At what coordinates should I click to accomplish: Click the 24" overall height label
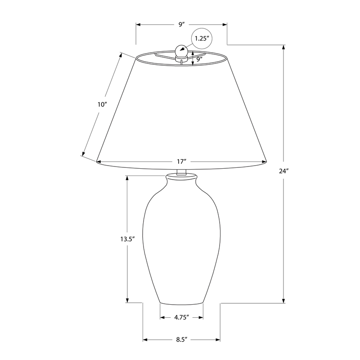point(284,171)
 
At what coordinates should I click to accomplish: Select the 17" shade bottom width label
point(181,162)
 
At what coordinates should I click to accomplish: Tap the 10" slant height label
point(103,105)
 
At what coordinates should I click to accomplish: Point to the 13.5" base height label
point(127,239)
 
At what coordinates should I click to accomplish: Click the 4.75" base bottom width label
point(181,317)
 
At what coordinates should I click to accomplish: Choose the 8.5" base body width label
point(182,340)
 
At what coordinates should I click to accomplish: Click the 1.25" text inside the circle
point(202,38)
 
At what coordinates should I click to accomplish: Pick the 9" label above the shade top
point(182,24)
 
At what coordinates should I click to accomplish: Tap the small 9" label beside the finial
point(199,59)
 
